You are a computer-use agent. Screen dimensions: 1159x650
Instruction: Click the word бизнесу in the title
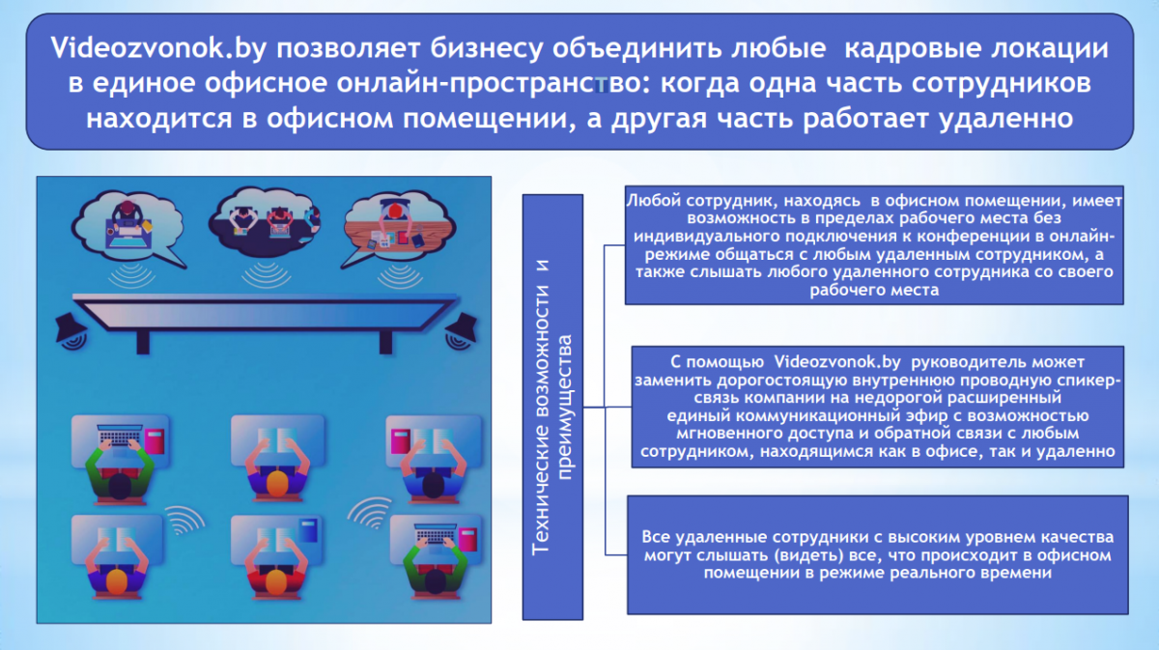click(487, 48)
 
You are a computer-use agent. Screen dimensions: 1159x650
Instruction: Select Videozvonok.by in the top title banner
click(158, 48)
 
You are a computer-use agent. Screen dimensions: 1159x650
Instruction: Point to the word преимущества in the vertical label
click(565, 408)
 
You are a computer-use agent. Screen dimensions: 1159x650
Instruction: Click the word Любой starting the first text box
click(652, 201)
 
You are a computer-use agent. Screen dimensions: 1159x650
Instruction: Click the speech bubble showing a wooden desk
click(398, 228)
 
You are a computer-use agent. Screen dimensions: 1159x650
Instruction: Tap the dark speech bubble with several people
click(265, 221)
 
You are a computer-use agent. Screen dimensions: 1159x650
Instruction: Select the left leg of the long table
click(143, 342)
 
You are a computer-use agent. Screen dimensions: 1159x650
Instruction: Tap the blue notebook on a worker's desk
click(308, 530)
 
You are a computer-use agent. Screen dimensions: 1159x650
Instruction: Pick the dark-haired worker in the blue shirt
click(433, 471)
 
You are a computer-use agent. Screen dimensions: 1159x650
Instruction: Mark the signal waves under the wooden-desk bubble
click(399, 275)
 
